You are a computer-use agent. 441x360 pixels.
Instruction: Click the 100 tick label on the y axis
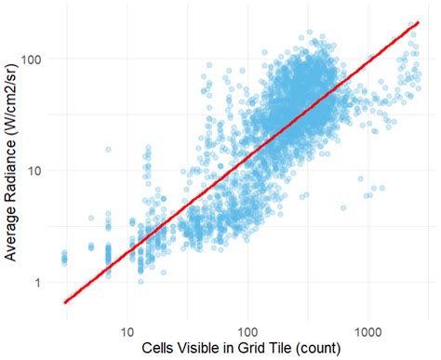[31, 59]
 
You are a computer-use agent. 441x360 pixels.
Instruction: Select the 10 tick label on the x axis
[127, 330]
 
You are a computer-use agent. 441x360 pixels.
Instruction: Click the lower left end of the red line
[63, 302]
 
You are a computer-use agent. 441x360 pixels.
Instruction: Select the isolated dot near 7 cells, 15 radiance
[108, 149]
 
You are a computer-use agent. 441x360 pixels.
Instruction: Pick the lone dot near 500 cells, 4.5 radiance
[343, 208]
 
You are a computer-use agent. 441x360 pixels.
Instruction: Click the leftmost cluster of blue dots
[63, 257]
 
